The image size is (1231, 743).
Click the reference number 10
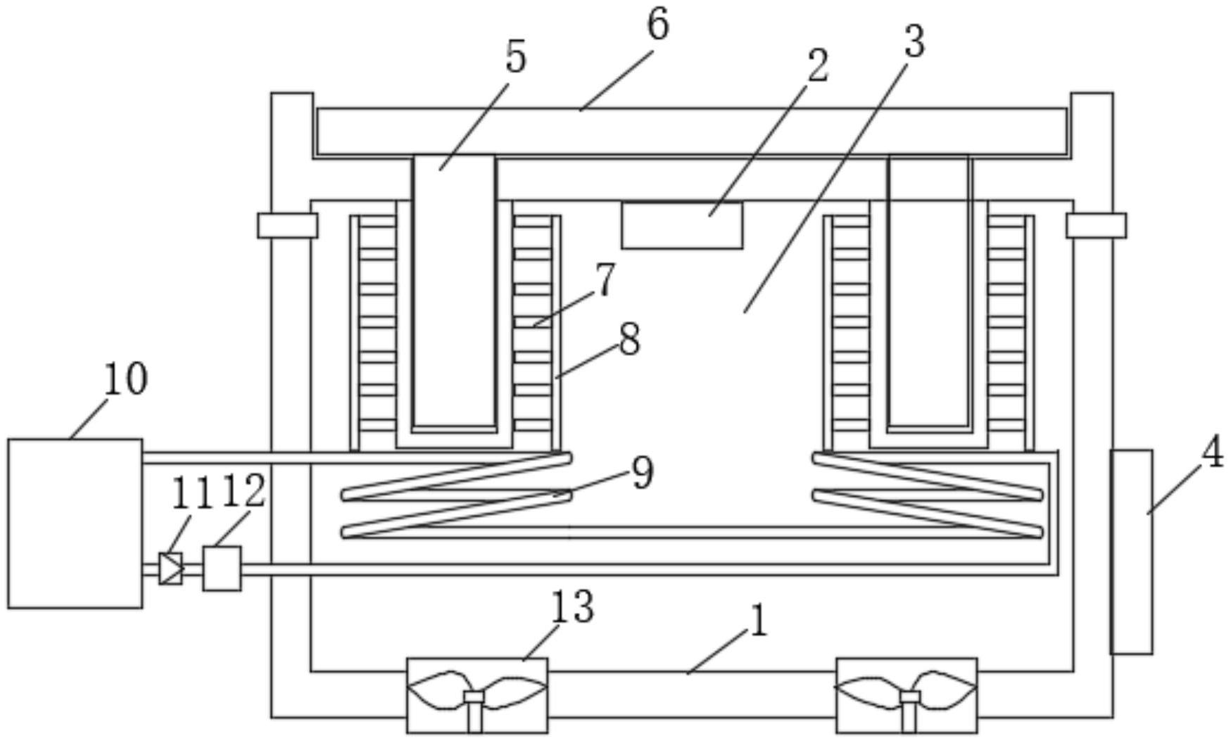click(126, 379)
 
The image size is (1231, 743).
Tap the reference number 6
click(657, 25)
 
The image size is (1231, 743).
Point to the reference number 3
click(914, 42)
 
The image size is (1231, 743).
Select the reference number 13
click(572, 607)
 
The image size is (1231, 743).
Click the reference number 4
click(1212, 455)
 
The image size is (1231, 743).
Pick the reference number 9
click(643, 473)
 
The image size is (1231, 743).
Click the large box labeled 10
click(75, 523)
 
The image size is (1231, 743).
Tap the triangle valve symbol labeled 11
click(171, 569)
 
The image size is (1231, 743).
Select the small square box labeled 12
click(222, 569)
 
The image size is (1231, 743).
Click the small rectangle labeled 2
click(682, 225)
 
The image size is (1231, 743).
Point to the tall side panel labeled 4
click(1131, 552)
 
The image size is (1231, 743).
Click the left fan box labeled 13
click(477, 695)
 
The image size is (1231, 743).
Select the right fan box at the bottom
click(907, 695)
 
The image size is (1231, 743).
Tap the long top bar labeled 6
click(691, 132)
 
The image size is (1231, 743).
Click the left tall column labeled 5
click(454, 291)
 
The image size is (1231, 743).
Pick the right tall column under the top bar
click(929, 291)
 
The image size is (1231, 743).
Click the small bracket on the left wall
click(287, 225)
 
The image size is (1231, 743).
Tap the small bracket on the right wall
click(1096, 225)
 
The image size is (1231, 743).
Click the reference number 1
click(757, 623)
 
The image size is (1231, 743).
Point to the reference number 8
click(630, 340)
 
